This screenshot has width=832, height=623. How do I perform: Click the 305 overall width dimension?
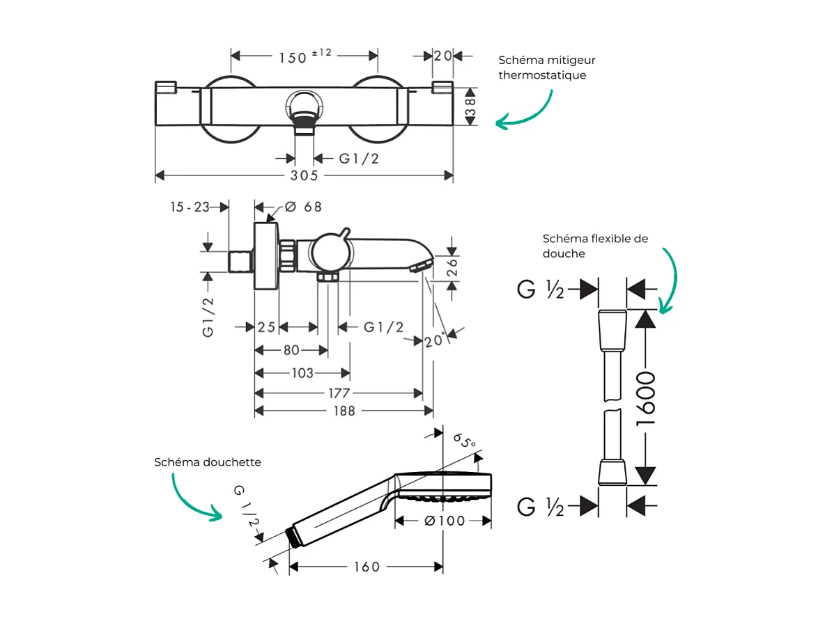pos(304,175)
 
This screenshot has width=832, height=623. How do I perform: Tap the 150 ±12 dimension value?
pos(305,56)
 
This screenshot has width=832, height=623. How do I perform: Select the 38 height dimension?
pos(470,107)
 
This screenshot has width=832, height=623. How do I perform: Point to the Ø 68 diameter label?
pos(304,207)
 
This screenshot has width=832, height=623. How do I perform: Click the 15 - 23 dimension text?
pos(190,207)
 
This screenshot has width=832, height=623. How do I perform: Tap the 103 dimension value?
pos(301,374)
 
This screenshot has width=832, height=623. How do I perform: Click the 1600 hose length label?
pos(647,399)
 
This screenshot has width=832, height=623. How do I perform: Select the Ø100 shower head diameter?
pos(443,521)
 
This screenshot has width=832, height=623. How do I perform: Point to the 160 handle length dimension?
pos(366,567)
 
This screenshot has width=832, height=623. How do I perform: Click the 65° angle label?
pos(464,440)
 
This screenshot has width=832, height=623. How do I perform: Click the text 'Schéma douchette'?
pos(208,462)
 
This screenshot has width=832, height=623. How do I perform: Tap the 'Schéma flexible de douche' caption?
pos(595,246)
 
